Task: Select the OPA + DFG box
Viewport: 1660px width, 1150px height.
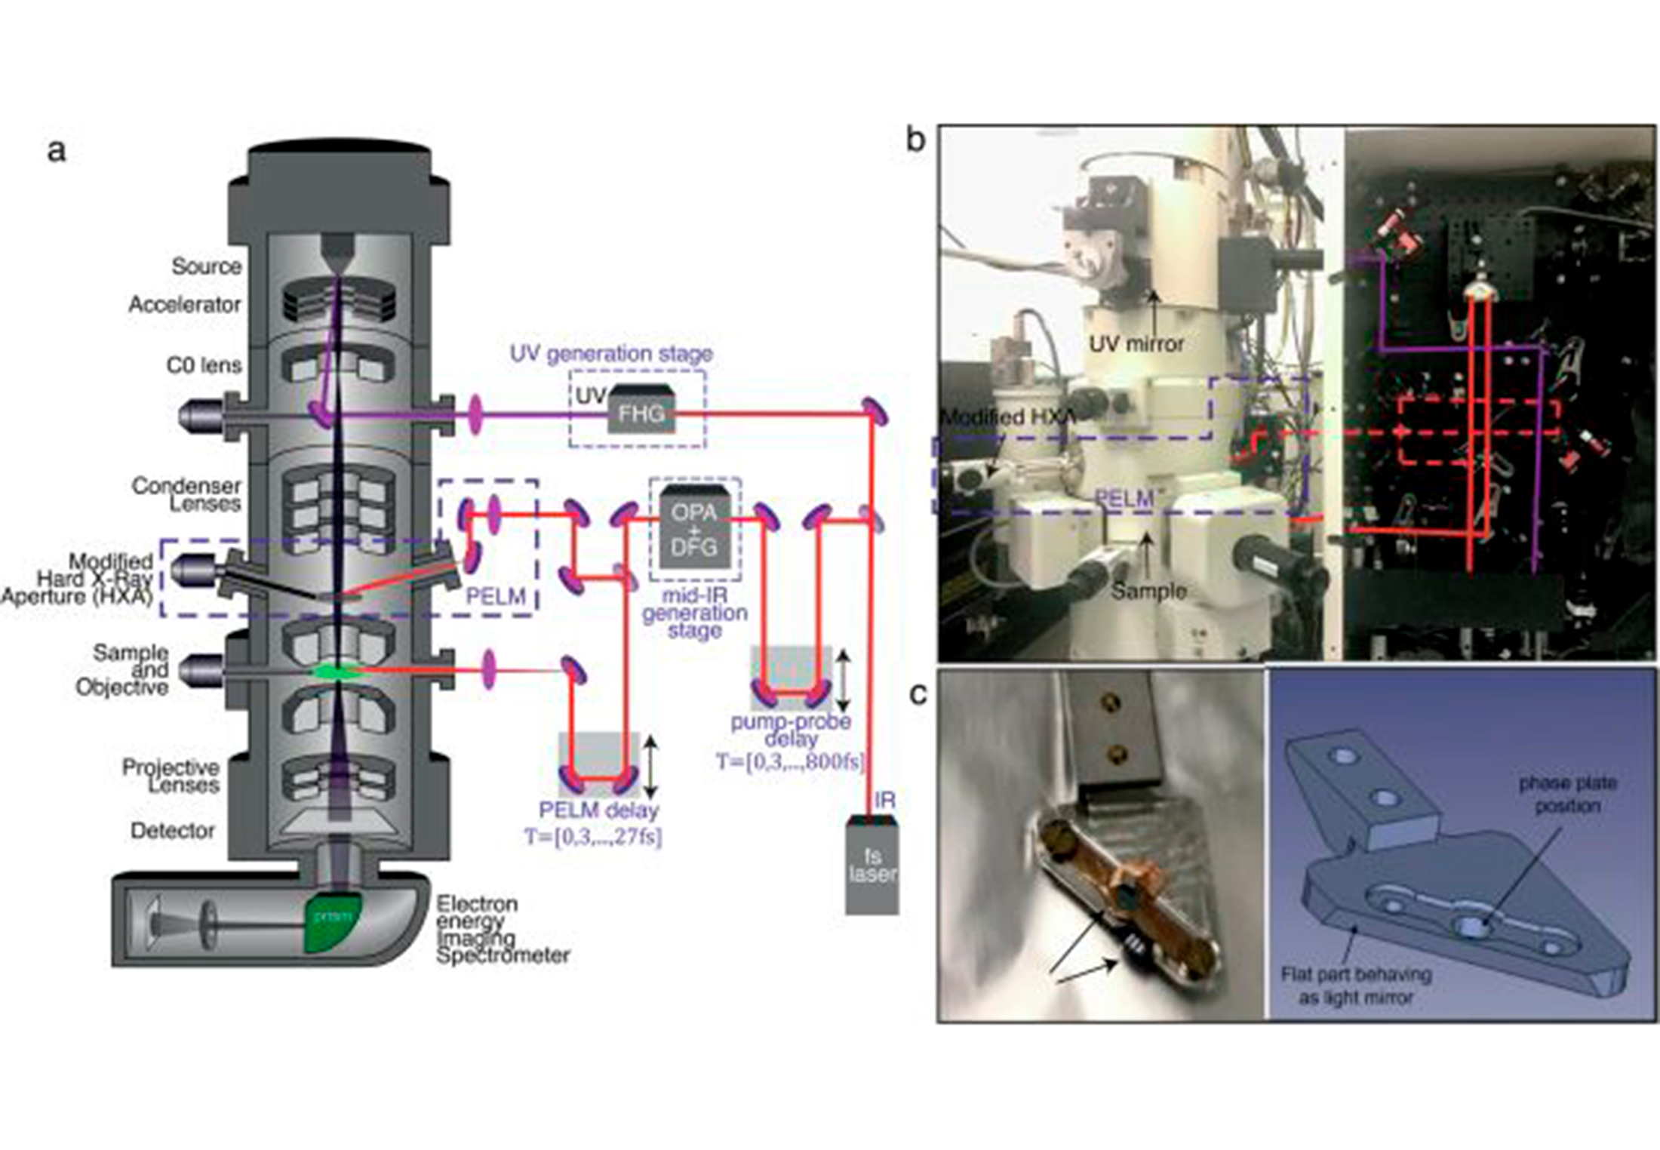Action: tap(694, 528)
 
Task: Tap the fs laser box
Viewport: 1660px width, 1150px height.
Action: tap(872, 868)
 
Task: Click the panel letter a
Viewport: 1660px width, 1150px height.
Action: tap(57, 151)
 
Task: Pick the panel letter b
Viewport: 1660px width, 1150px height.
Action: tap(915, 140)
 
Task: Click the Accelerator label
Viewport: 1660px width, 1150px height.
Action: tap(185, 305)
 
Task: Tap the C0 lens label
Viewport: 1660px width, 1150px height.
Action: tap(204, 365)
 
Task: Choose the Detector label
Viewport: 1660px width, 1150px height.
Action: tap(173, 831)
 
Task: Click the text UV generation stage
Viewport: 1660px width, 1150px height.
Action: tap(611, 353)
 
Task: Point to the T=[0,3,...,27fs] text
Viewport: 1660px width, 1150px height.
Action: tap(593, 837)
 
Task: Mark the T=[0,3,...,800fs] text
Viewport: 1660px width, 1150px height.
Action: tap(789, 761)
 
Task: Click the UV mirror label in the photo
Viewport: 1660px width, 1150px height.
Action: tap(1136, 344)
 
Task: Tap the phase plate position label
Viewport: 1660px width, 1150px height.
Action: tap(1568, 794)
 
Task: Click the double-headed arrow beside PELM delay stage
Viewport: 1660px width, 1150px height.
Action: tap(651, 767)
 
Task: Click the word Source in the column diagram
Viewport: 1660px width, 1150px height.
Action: tap(207, 266)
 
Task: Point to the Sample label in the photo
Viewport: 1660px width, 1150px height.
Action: tap(1148, 591)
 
